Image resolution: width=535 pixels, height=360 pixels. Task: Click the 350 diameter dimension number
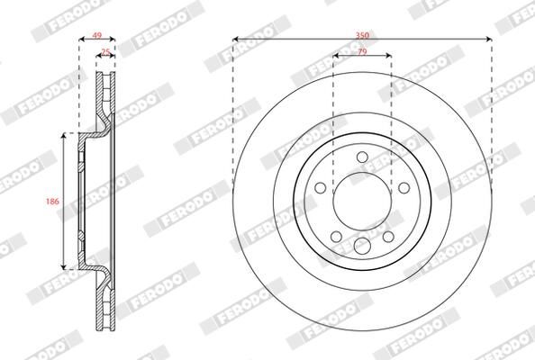coord(362,35)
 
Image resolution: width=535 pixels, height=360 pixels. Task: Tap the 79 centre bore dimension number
coord(362,51)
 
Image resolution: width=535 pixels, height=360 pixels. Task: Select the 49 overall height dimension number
coord(97,35)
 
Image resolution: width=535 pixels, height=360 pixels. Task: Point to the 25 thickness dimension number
coord(106,52)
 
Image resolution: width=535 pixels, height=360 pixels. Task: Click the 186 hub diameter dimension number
coord(52,202)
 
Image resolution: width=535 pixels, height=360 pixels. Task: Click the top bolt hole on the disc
coord(362,157)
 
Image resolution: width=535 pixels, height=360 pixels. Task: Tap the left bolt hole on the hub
coord(321,187)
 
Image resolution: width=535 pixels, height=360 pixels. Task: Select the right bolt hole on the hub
coord(404,187)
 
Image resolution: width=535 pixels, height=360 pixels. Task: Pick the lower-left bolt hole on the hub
coord(337,236)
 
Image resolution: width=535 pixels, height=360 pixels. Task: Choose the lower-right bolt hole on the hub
coord(388,236)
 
